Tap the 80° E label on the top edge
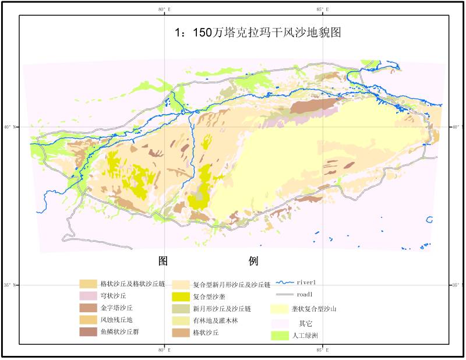point(165,9)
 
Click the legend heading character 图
point(164,260)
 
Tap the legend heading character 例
point(253,260)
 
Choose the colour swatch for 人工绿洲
point(279,336)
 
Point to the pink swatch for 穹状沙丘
point(88,296)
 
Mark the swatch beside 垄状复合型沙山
point(279,309)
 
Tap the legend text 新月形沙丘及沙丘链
point(221,309)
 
